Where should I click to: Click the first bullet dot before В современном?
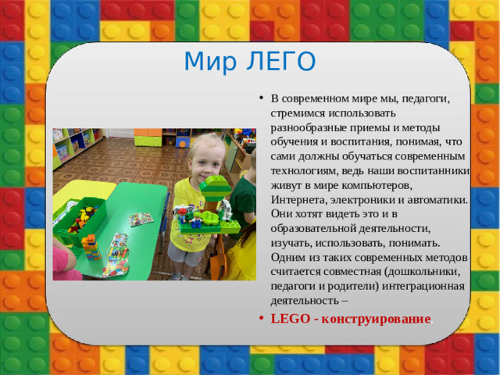point(260,99)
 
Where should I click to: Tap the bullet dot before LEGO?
point(260,319)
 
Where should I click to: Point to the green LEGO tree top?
point(216,187)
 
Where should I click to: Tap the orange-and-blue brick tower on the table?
point(91,247)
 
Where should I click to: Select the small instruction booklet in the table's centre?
point(141,220)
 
